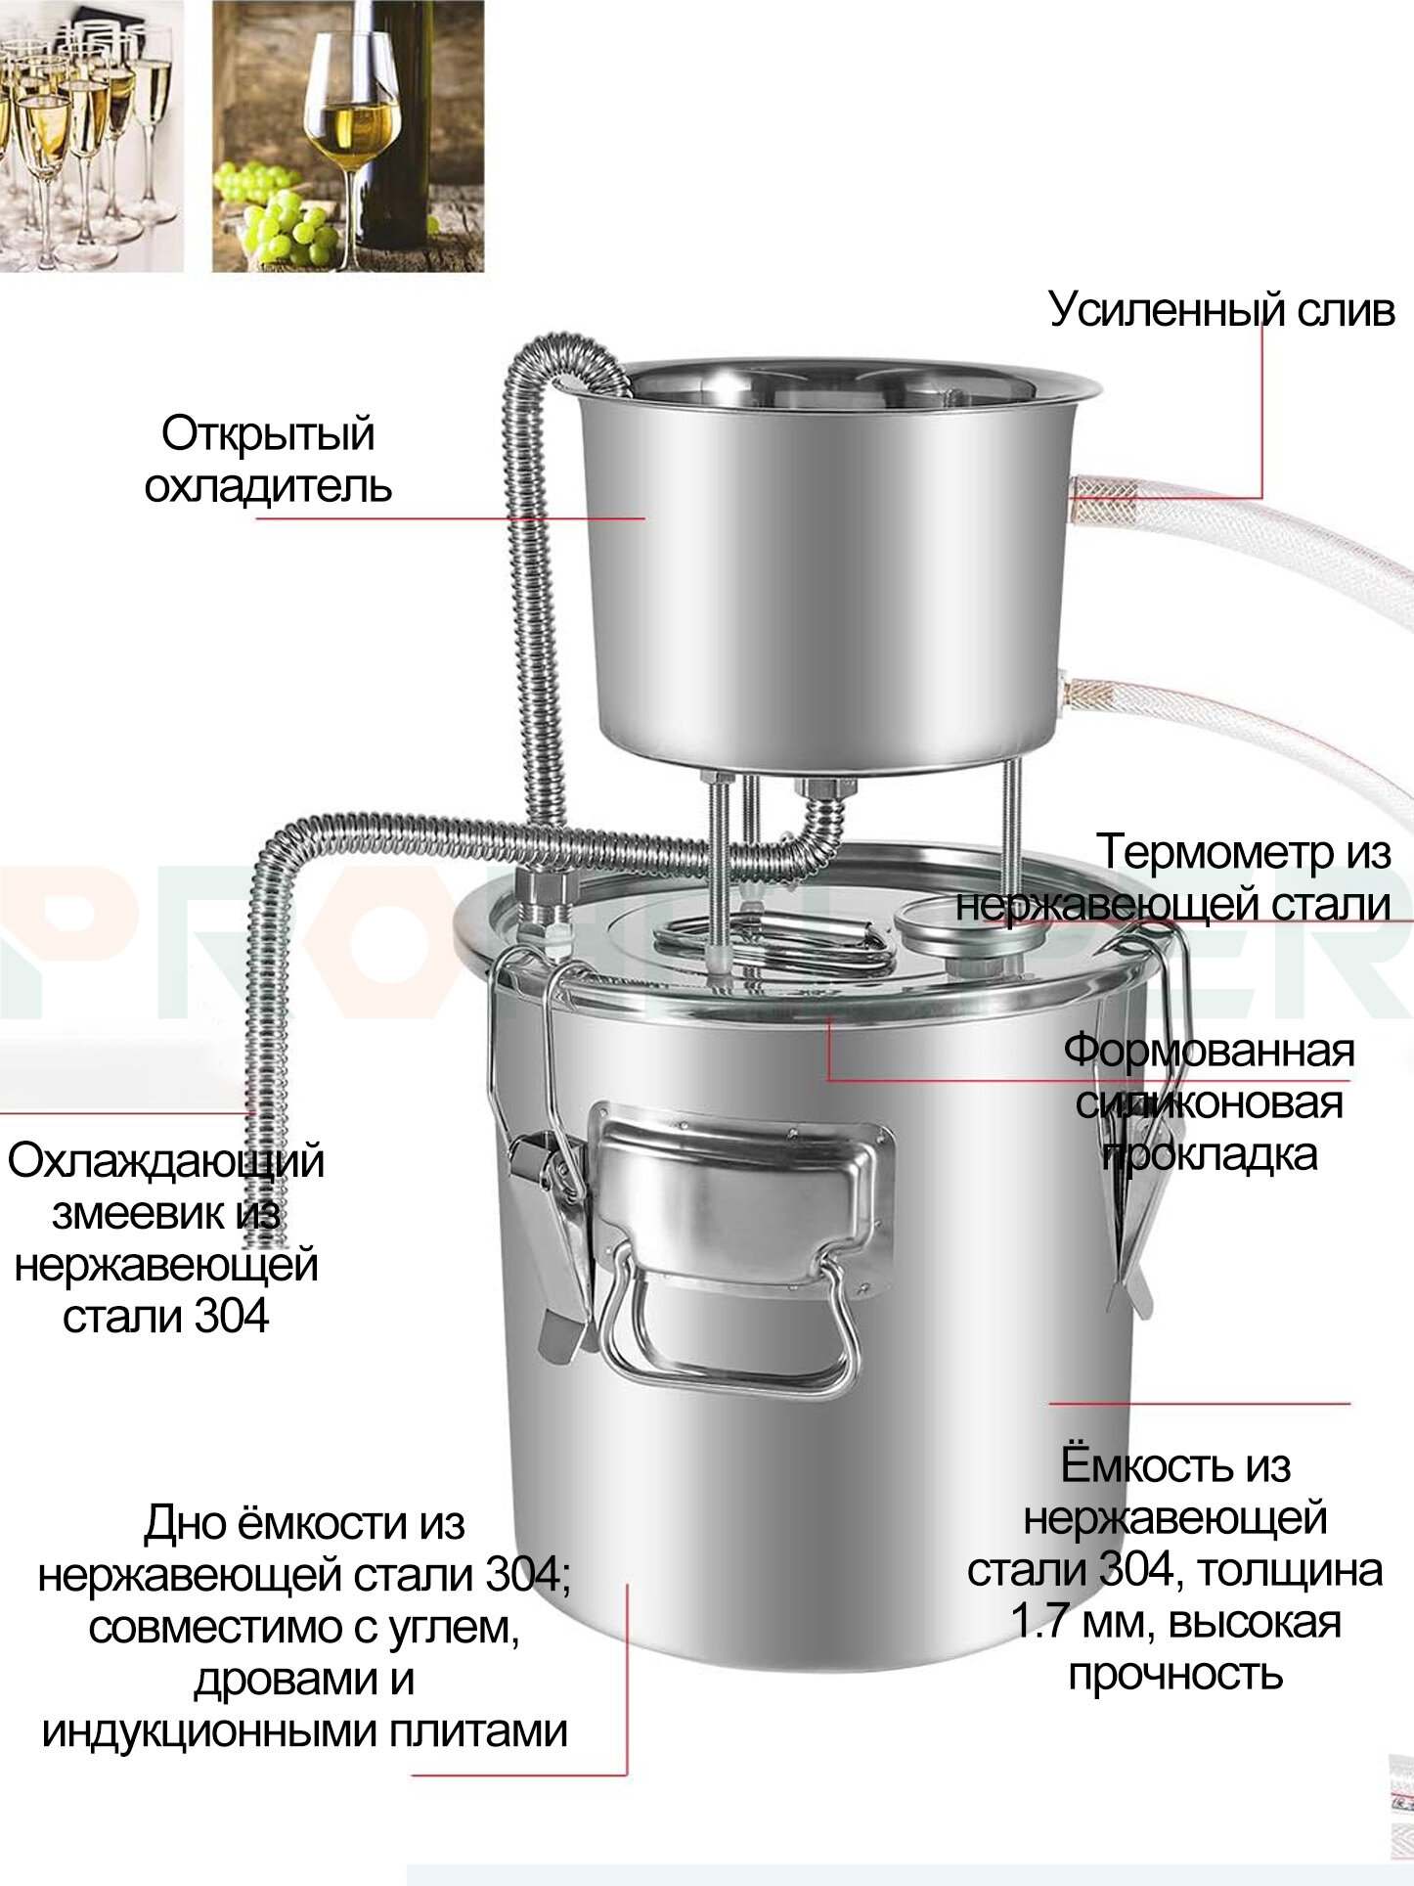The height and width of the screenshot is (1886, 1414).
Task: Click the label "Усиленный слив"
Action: pos(1221,309)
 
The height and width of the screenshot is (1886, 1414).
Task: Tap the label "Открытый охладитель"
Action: pos(268,460)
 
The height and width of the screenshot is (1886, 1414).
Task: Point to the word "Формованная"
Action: pos(1209,1051)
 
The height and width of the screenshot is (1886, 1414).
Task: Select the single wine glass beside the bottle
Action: pos(351,137)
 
